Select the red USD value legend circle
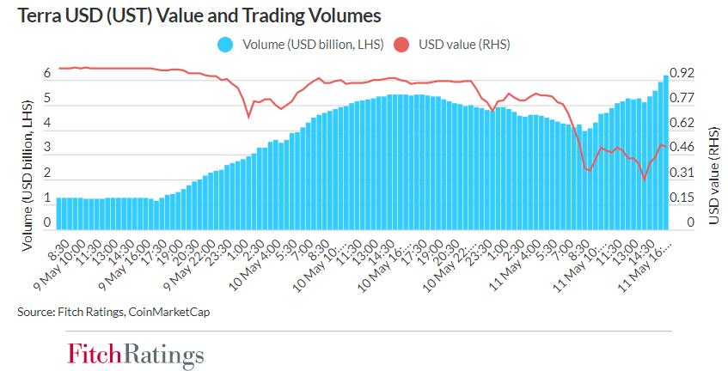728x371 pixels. point(401,44)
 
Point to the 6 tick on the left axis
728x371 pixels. point(48,74)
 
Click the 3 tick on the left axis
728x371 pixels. point(48,149)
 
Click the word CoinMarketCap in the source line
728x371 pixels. point(168,312)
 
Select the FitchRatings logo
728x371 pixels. point(136,354)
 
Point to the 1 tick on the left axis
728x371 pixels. point(48,198)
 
